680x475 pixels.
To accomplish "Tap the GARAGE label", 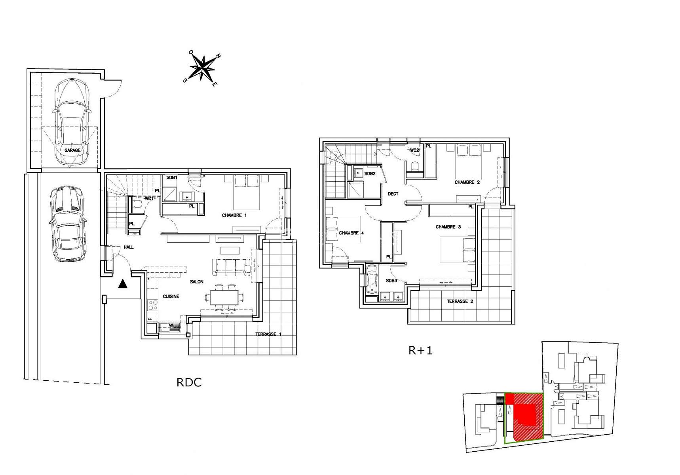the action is pos(72,150).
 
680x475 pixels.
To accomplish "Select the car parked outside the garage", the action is pos(68,224).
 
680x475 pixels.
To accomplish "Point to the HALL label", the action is pos(129,247).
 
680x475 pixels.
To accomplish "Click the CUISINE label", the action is pos(171,296).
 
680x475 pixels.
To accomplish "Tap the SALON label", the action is pos(197,282).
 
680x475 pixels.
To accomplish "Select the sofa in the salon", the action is pos(232,267).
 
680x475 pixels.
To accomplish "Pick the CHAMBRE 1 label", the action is pos(234,216).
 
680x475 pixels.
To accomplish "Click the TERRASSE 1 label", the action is pos(268,334).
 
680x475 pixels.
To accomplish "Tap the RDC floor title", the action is pos(189,382).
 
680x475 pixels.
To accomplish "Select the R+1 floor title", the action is pos(420,350).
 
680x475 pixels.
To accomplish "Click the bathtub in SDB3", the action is pos(372,279).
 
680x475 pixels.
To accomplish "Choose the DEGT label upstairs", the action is pos(393,194).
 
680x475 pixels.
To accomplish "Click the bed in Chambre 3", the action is pos(458,250).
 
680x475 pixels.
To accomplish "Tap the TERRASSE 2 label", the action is pos(460,302).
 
